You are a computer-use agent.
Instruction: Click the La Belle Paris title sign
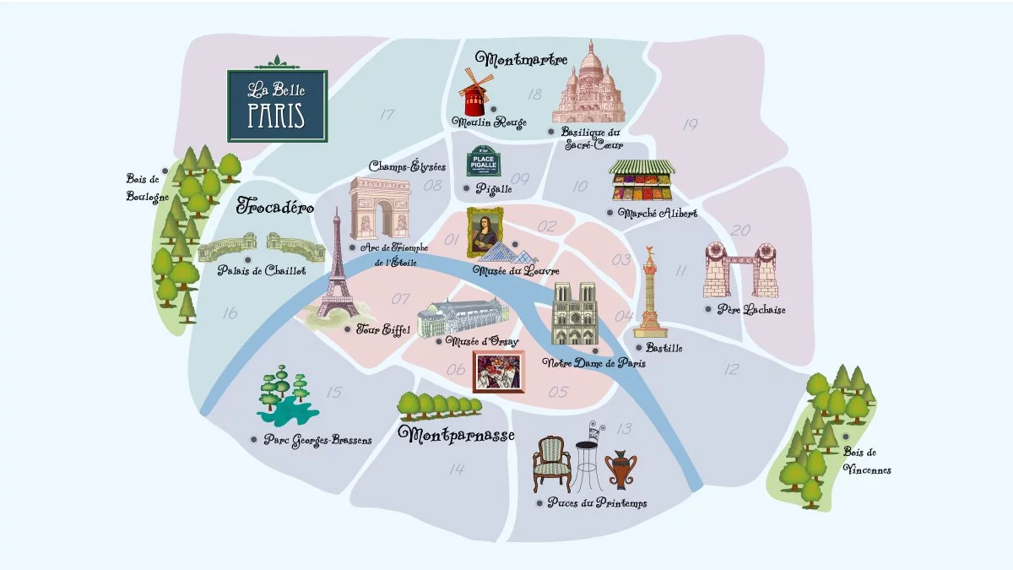[x=276, y=105]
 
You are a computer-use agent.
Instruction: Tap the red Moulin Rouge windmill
[x=474, y=94]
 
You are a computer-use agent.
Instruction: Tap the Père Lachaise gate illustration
[x=739, y=270]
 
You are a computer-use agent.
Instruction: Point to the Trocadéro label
[x=275, y=205]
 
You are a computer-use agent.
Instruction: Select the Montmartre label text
[x=521, y=59]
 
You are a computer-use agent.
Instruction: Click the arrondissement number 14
[x=457, y=470]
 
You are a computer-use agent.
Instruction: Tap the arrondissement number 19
[x=691, y=125]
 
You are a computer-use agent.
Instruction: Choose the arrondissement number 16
[x=229, y=313]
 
